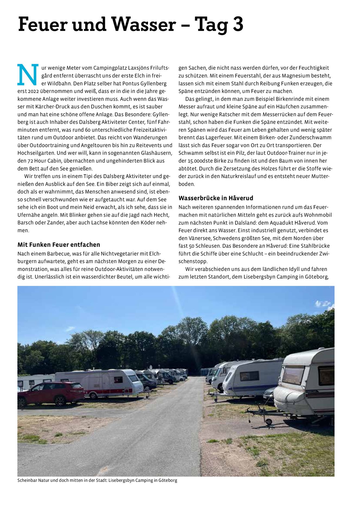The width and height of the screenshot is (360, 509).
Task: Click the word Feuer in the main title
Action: (x=42, y=24)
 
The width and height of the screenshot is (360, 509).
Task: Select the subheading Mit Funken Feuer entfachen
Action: (x=59, y=245)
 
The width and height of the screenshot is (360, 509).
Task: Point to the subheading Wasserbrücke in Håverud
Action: (x=216, y=198)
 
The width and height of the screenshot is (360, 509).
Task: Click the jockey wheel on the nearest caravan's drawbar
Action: (x=269, y=422)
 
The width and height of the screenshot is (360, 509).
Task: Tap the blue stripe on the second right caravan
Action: (x=250, y=386)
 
